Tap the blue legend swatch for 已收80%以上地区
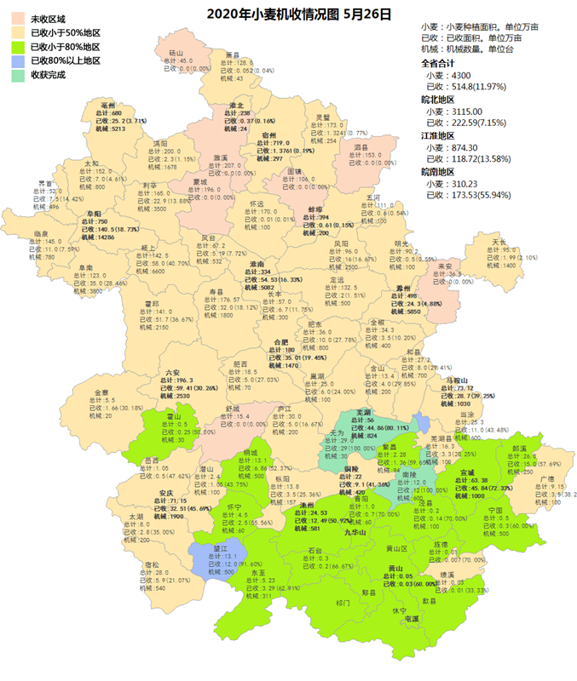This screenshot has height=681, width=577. click(17, 60)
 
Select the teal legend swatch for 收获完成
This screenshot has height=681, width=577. click(17, 75)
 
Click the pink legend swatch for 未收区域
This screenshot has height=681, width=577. click(17, 18)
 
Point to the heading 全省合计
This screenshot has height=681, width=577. click(440, 63)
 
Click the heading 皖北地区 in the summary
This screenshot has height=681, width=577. click(440, 99)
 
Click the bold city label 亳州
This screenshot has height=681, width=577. click(107, 106)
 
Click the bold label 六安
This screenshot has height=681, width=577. click(173, 373)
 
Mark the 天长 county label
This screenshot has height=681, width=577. click(499, 243)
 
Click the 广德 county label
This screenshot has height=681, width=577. click(546, 478)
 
